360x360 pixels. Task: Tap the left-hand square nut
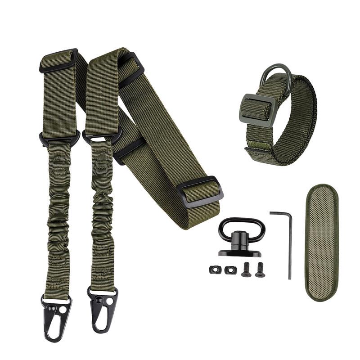pyautogui.click(x=214, y=269)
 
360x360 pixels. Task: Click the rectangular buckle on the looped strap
pyautogui.click(x=255, y=108)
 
